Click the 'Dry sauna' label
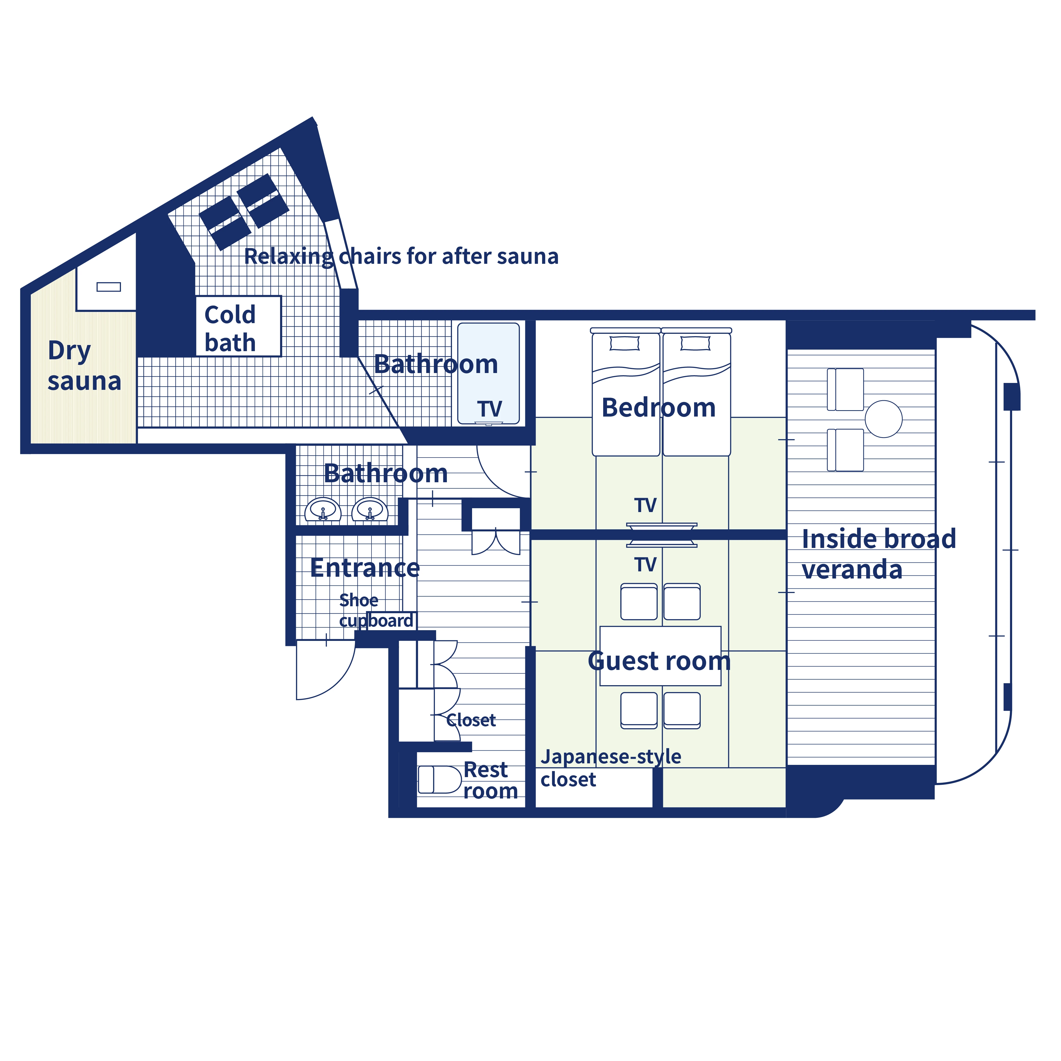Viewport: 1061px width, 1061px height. (84, 366)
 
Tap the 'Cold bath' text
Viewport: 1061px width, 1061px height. (230, 328)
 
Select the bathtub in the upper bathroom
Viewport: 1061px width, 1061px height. (488, 374)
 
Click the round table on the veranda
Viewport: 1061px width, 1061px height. (883, 419)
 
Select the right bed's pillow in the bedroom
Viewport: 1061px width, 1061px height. (695, 343)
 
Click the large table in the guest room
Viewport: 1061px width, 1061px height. (660, 656)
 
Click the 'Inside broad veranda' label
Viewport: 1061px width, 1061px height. (878, 554)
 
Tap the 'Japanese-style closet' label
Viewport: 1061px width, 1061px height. (610, 768)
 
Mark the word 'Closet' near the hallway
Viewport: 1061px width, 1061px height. (471, 720)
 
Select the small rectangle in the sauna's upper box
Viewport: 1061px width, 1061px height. (109, 287)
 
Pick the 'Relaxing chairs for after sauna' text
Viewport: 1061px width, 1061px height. (401, 256)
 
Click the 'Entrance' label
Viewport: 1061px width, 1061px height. (365, 567)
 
